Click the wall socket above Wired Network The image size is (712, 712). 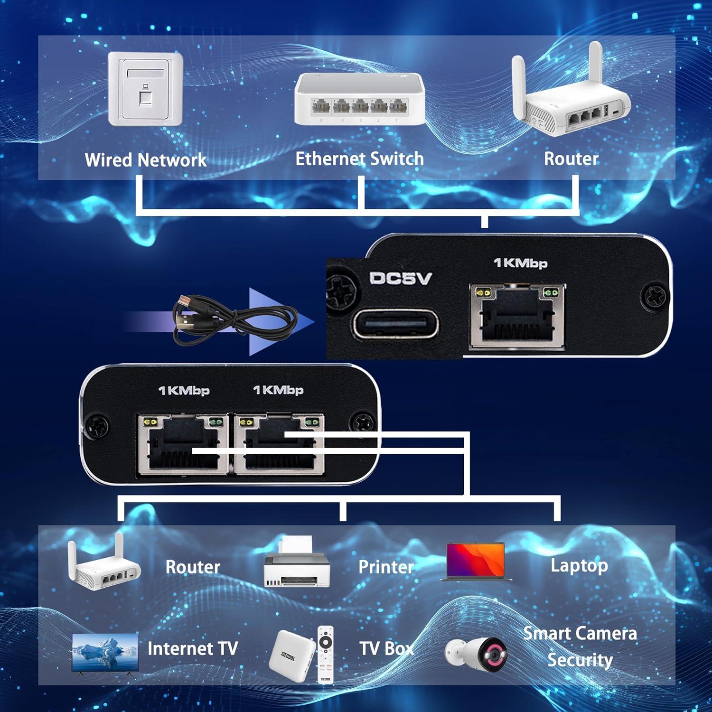coord(145,90)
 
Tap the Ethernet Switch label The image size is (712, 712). coord(359,159)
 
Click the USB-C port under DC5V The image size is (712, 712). coord(395,324)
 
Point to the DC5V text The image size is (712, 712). coord(400,278)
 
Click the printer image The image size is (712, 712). coord(297,562)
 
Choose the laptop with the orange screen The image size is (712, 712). coord(476,562)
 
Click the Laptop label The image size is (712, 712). coord(579,565)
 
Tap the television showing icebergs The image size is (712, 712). coord(105,653)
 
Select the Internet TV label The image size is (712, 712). coord(192,648)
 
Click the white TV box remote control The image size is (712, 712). coord(325,655)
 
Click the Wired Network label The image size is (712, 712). coord(145,159)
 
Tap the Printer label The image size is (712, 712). coord(385,566)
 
